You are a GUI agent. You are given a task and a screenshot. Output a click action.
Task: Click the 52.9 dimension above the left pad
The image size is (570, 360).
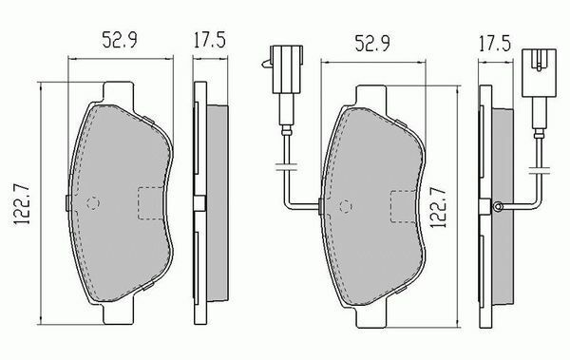tap(120, 40)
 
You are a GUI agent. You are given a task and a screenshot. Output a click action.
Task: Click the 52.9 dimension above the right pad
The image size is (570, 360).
tap(371, 44)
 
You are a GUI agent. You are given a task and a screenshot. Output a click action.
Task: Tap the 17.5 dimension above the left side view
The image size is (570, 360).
tap(209, 40)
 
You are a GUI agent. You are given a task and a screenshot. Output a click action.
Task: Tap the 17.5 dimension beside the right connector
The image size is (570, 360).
tap(494, 44)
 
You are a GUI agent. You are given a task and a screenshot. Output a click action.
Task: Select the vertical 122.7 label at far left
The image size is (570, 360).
tap(22, 204)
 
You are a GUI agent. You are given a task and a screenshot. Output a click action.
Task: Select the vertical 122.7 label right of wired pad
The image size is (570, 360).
tap(438, 207)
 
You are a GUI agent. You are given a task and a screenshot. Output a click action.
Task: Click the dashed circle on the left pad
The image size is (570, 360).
tap(93, 203)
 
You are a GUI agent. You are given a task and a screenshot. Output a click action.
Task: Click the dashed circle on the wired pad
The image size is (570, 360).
tap(346, 206)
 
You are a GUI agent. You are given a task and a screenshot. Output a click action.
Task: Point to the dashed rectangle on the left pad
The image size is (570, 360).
tap(150, 203)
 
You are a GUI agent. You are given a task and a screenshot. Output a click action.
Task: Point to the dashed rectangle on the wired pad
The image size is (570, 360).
tap(404, 206)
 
